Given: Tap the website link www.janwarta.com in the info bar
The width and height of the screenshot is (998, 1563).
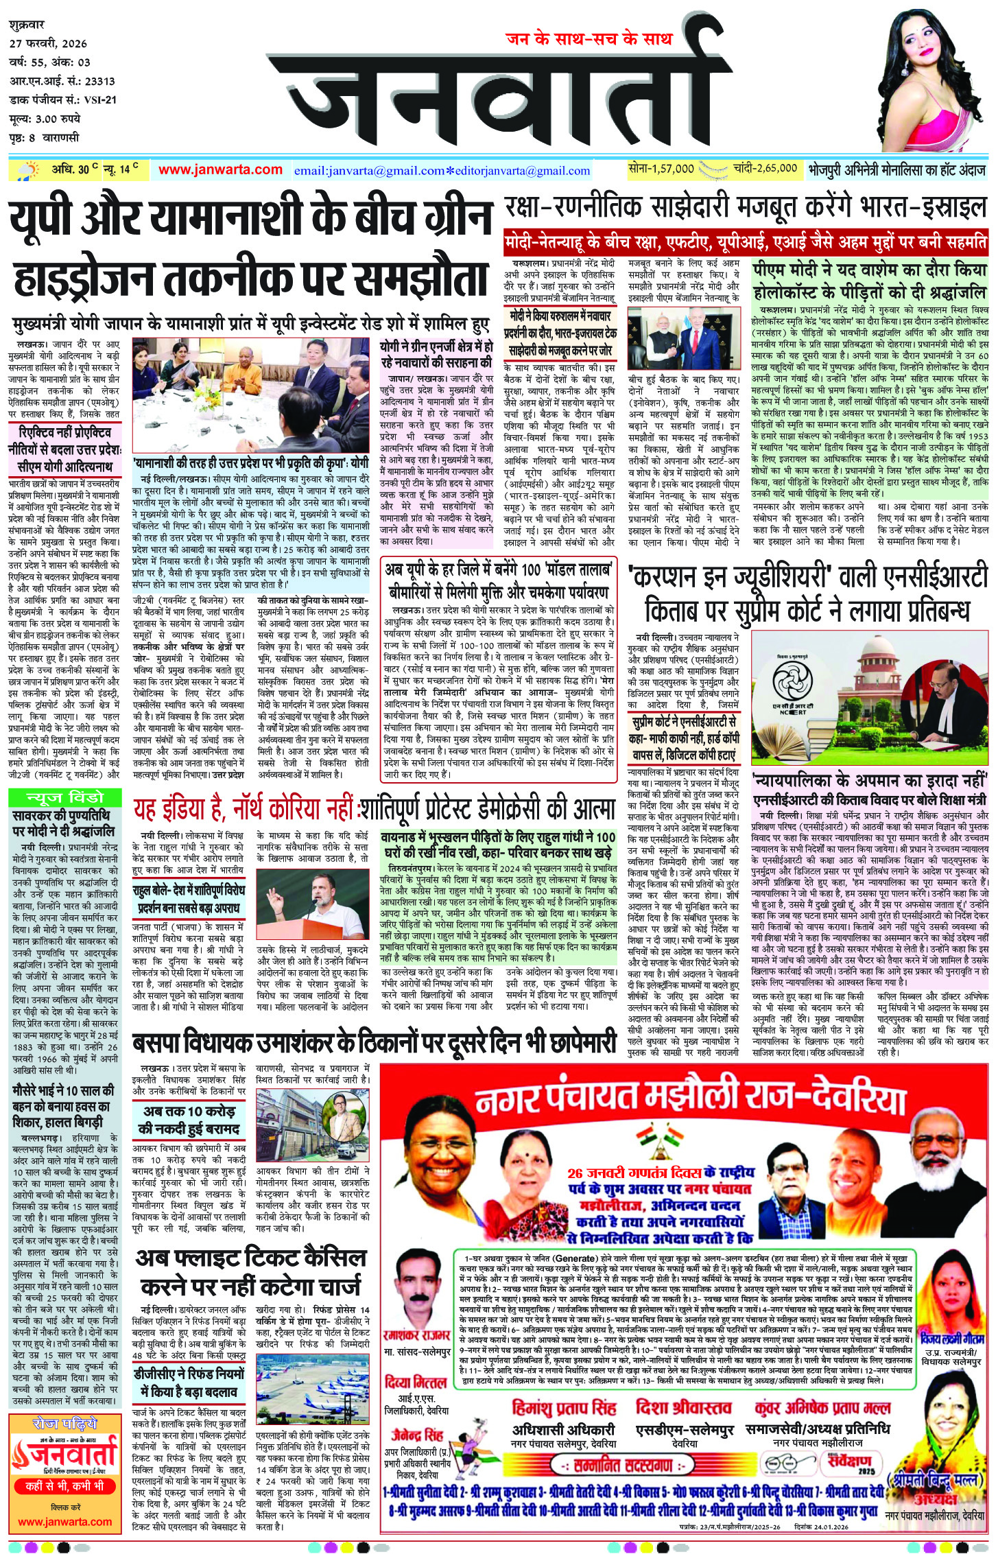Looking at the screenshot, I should [x=220, y=169].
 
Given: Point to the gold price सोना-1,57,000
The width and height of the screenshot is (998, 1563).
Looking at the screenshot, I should [x=661, y=169].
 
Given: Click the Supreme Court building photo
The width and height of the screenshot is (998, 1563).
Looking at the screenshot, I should [x=870, y=696].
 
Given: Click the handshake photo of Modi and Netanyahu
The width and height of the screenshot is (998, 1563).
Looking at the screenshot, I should [x=683, y=340].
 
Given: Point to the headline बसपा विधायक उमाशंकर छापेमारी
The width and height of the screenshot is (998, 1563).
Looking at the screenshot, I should [x=375, y=1044].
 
